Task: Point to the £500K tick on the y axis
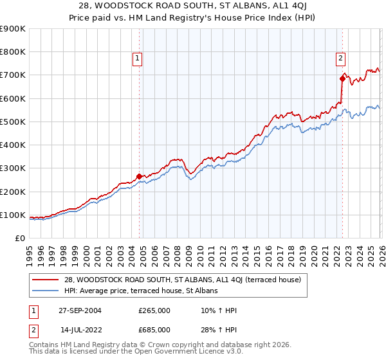click(x=13, y=122)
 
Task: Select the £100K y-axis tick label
click(x=13, y=215)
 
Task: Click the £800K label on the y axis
click(x=13, y=52)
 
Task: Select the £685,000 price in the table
click(x=154, y=329)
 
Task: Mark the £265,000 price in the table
click(x=154, y=310)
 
